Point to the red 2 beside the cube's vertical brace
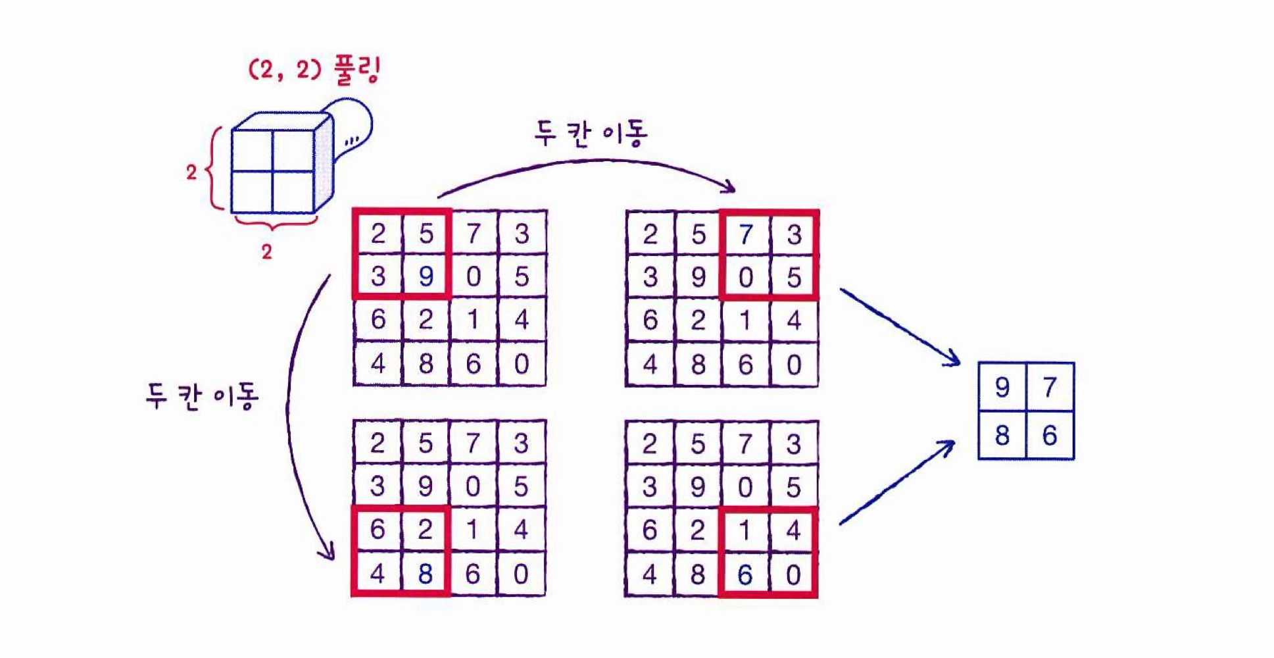(x=191, y=172)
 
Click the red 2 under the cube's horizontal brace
(x=266, y=251)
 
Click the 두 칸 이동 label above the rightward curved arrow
(x=590, y=133)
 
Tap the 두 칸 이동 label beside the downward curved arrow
(x=202, y=396)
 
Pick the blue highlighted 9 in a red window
(x=426, y=276)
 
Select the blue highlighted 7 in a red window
(x=745, y=234)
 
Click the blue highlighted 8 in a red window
(x=426, y=574)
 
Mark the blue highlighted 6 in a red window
(x=745, y=575)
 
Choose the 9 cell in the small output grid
(x=1002, y=388)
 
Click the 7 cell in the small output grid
(x=1050, y=388)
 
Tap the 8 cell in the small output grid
(x=1002, y=435)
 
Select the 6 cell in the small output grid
(x=1050, y=435)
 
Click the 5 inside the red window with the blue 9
(x=426, y=234)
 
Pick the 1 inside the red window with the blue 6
(x=745, y=530)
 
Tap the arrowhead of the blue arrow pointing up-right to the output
(x=948, y=446)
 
